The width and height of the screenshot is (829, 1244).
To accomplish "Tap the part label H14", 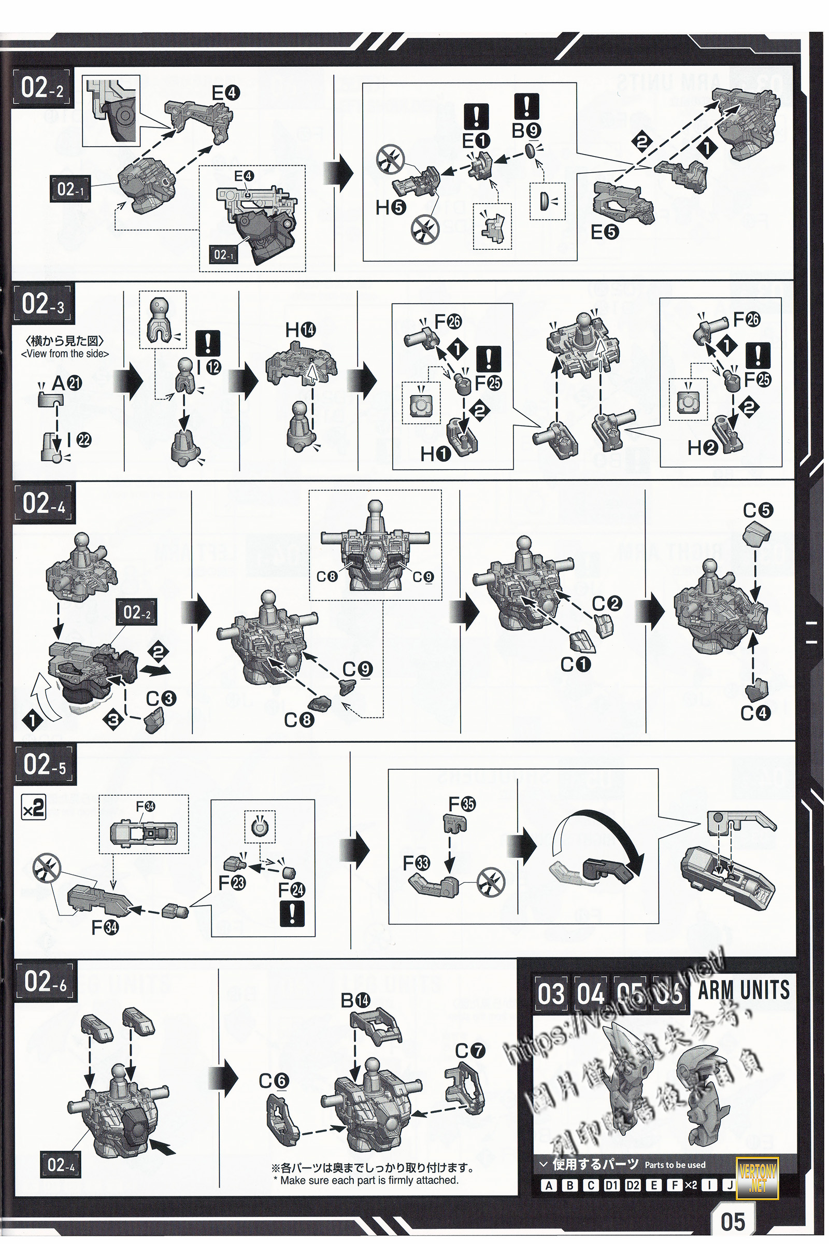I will (x=300, y=331).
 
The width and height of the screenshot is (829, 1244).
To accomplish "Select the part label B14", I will (x=355, y=1000).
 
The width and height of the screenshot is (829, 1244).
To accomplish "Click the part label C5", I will (x=757, y=511).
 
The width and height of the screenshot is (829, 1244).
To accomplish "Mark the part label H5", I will (x=391, y=208).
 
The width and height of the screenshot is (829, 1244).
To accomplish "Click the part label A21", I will (x=67, y=384).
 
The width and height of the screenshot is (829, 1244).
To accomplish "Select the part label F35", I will (x=462, y=804).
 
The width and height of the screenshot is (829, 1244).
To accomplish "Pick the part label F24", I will (x=291, y=890).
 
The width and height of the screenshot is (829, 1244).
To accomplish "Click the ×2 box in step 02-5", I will (x=33, y=808).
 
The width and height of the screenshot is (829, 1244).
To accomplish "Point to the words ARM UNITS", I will (x=744, y=990).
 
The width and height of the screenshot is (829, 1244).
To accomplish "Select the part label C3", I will (x=161, y=699).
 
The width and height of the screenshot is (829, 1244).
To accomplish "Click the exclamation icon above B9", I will (x=526, y=106).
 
